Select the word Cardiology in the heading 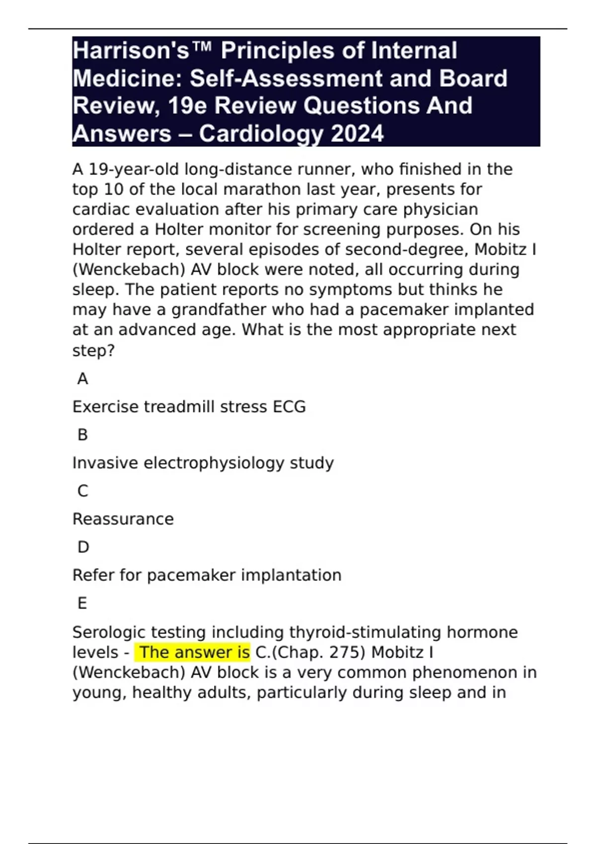point(261,134)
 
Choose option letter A point(82,379)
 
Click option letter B point(82,435)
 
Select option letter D point(83,548)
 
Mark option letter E point(82,604)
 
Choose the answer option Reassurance point(123,519)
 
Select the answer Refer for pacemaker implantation point(207,575)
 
